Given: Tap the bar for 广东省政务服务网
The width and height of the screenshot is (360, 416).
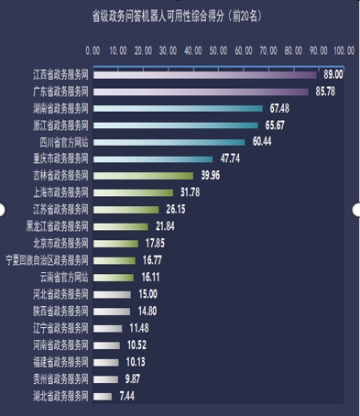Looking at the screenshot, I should pyautogui.click(x=201, y=92).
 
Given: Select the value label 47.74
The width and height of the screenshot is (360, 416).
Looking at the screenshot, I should pyautogui.click(x=230, y=159).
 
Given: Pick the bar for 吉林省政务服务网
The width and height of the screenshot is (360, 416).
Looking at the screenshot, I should pyautogui.click(x=143, y=175).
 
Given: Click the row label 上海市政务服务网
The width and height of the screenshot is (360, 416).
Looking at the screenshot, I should pyautogui.click(x=60, y=192).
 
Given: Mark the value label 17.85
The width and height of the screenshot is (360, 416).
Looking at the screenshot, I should pyautogui.click(x=155, y=243).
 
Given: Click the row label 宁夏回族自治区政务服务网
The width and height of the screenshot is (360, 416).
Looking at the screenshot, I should pyautogui.click(x=47, y=260).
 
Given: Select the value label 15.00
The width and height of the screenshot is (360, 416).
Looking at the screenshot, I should pyautogui.click(x=147, y=293).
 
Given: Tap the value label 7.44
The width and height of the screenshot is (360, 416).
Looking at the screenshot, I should pyautogui.click(x=128, y=395).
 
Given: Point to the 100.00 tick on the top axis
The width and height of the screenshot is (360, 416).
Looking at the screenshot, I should pyautogui.click(x=344, y=51).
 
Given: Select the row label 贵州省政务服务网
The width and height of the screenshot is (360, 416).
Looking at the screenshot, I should pyautogui.click(x=60, y=378).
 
